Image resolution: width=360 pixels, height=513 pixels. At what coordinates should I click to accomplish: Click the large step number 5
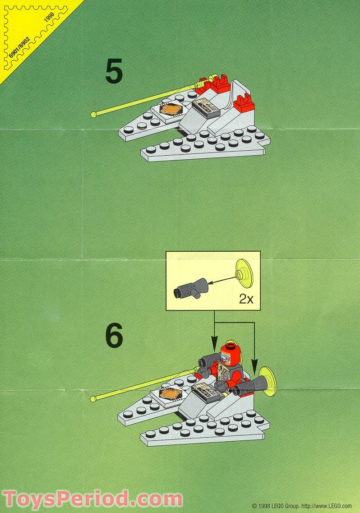click(114, 73)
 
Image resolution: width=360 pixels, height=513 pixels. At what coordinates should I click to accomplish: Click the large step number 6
click(114, 337)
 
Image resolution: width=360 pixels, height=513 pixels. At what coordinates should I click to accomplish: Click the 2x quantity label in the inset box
click(246, 299)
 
